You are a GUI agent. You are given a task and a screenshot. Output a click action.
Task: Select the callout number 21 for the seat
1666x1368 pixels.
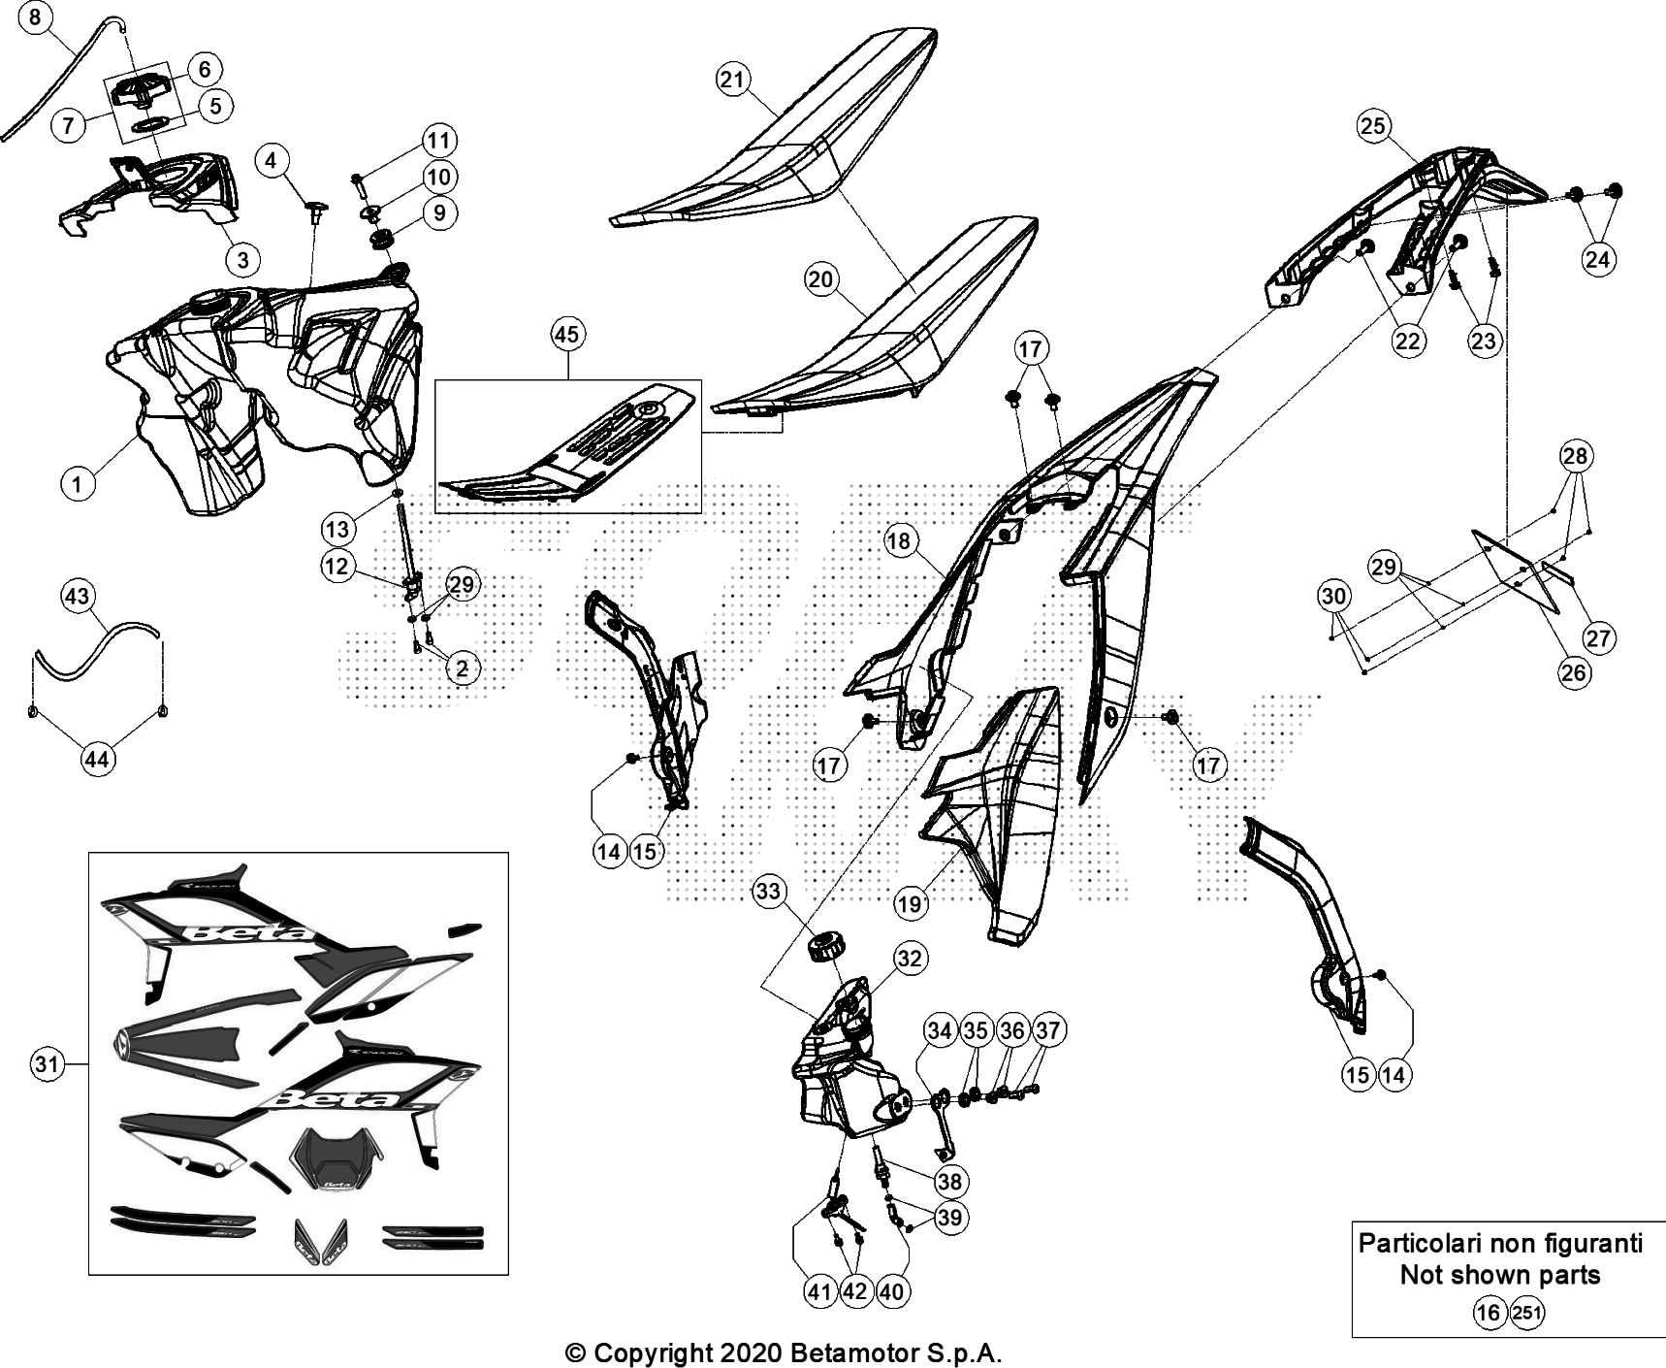coord(734,80)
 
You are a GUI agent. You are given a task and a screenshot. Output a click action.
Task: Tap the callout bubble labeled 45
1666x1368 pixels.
coord(567,335)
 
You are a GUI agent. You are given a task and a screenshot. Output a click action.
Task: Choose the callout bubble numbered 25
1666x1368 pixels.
coord(1373,126)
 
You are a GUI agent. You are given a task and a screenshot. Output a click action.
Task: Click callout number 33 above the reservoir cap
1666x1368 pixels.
coord(768,892)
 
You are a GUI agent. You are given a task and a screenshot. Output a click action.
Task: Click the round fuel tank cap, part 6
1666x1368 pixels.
coord(141,91)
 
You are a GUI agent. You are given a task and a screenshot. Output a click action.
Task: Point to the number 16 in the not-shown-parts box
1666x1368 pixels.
coord(1488,1313)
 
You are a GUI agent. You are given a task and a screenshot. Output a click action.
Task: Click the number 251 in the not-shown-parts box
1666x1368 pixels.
coord(1526,1313)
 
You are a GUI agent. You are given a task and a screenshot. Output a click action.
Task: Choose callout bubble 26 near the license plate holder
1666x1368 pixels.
coord(1574,671)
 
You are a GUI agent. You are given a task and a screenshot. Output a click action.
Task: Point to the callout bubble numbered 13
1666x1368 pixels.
coord(337,529)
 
